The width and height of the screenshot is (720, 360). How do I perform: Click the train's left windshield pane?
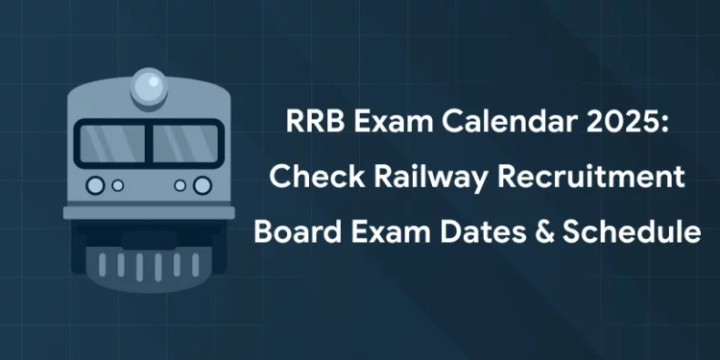[x=111, y=143]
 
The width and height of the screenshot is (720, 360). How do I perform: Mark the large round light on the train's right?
[x=202, y=184]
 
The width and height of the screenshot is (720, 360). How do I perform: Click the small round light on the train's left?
[x=117, y=184]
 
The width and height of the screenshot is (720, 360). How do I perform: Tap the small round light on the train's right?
[x=180, y=184]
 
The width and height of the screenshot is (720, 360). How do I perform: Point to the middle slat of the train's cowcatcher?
[x=149, y=264]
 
